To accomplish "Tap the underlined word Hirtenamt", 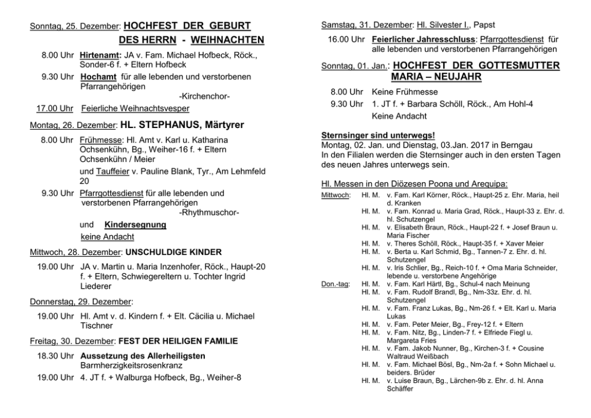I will (100, 55).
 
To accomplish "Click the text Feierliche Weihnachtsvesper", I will (135, 108).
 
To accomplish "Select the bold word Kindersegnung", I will (135, 225).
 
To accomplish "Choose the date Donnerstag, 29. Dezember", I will (81, 301).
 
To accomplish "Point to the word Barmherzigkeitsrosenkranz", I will (131, 365).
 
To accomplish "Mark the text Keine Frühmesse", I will (405, 92).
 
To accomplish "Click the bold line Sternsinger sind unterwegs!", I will (378, 135).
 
